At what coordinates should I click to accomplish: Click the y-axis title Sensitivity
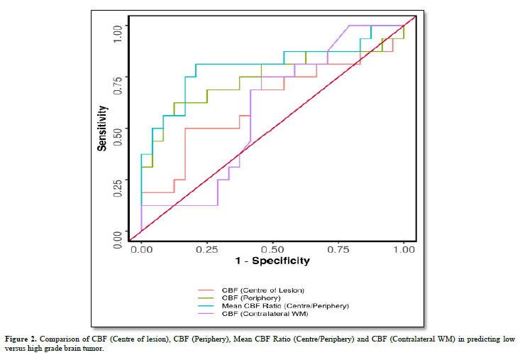tap(102, 129)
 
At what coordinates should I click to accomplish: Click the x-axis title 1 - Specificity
tap(273, 261)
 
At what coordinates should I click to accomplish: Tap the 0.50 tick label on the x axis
tap(273, 250)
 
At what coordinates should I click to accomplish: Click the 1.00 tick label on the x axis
tap(404, 250)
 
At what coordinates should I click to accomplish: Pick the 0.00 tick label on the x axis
tap(141, 250)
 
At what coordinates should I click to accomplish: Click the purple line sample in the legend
tap(206, 313)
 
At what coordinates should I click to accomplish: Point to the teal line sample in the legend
tap(206, 305)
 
